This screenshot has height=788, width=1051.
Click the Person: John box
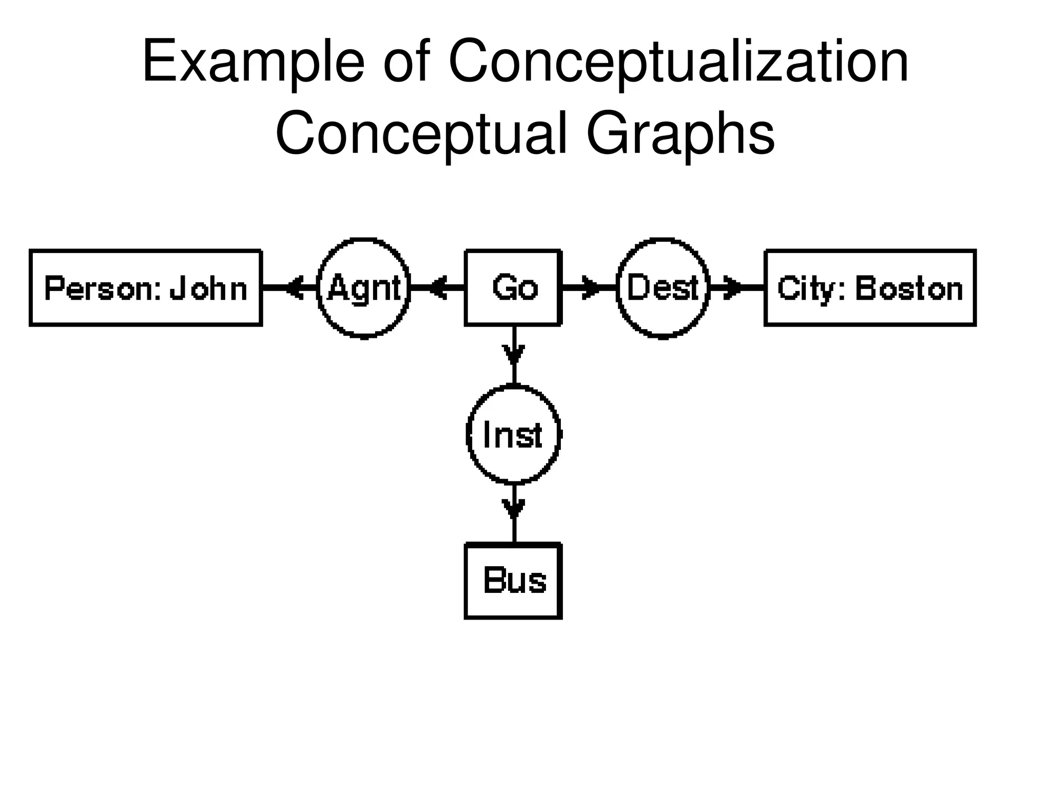(146, 287)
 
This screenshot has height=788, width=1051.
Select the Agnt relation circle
(364, 287)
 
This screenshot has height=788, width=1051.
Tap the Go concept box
(513, 287)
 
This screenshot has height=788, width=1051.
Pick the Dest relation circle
(663, 287)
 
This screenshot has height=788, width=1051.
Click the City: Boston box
(870, 287)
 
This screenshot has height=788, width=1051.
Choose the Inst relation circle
(513, 434)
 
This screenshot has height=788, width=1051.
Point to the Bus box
(513, 581)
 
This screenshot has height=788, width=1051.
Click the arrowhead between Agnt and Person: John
(295, 287)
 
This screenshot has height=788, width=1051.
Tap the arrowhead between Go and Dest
(590, 287)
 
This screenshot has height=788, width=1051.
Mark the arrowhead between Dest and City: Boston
(732, 287)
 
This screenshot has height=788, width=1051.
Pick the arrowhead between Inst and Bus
(514, 509)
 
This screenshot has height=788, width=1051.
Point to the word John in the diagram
(208, 288)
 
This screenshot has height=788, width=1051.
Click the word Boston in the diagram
(908, 288)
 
